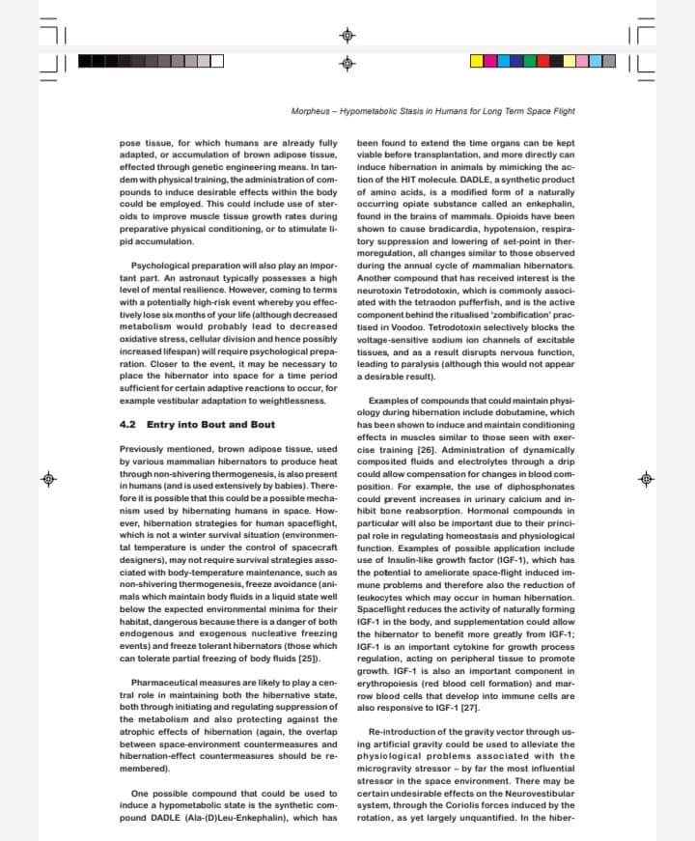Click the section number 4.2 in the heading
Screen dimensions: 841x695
tap(128, 425)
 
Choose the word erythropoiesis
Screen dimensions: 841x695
tap(389, 684)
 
